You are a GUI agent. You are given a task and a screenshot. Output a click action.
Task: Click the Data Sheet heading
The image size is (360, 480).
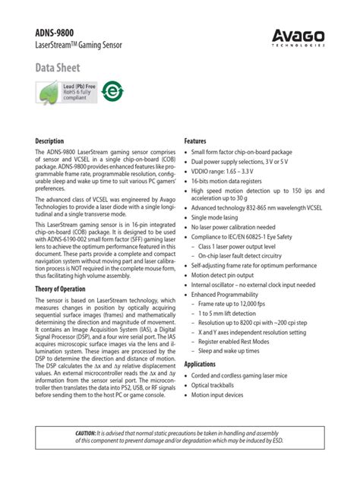58,69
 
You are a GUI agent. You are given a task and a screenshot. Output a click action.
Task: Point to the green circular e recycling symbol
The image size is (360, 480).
112,91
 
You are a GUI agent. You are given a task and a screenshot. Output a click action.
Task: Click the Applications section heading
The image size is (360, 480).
201,364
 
